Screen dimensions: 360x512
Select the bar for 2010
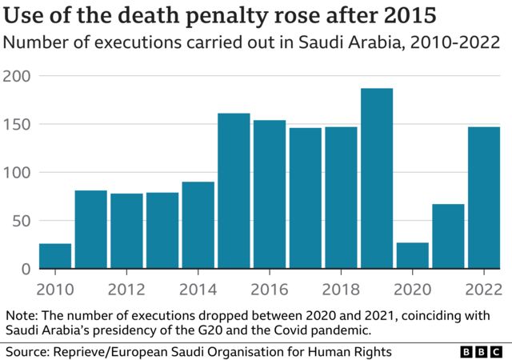coord(55,256)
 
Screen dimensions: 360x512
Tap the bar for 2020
coord(412,256)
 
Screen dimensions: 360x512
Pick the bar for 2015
coord(234,191)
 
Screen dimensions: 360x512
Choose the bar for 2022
coord(483,198)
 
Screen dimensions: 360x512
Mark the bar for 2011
coord(91,230)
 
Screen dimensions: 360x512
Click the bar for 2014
coord(198,226)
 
